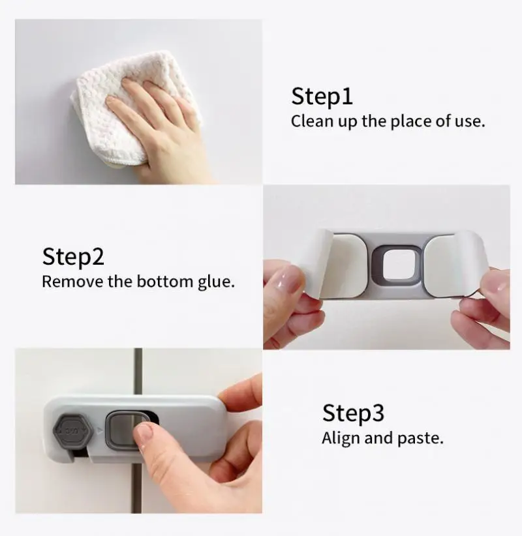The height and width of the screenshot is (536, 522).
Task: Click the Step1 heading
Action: pyautogui.click(x=322, y=97)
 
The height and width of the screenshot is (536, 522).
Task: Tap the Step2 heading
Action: pyautogui.click(x=73, y=256)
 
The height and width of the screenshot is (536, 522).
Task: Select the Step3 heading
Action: pyautogui.click(x=353, y=413)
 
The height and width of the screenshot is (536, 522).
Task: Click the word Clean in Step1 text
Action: pyautogui.click(x=312, y=121)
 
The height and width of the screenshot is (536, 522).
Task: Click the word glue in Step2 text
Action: pyautogui.click(x=215, y=282)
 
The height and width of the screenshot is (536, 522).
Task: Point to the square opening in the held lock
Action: pyautogui.click(x=399, y=266)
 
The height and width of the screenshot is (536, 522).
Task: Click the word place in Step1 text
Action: pyautogui.click(x=407, y=121)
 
